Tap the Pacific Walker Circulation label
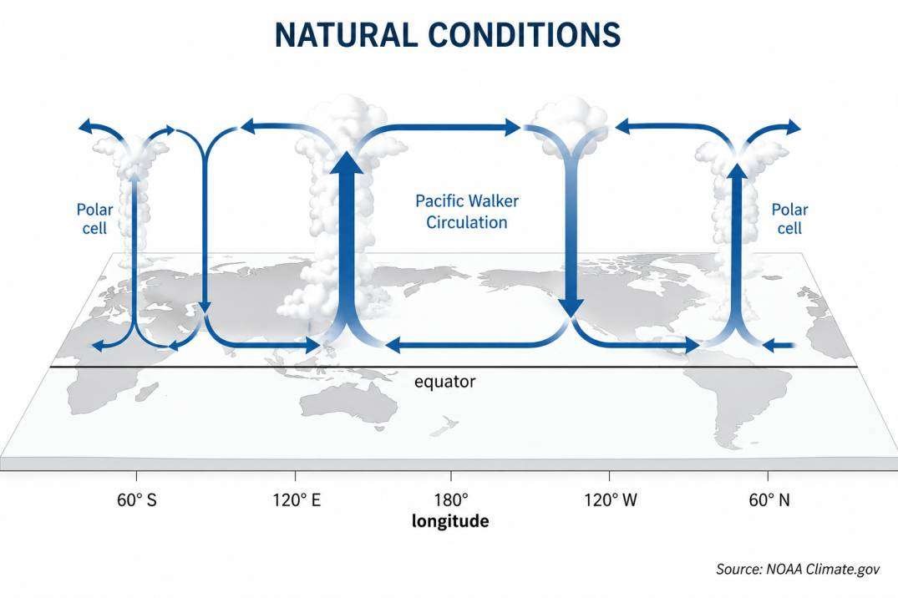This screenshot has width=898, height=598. pos(467,211)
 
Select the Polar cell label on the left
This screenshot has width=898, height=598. pos(94,219)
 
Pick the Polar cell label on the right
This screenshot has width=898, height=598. pos(789,219)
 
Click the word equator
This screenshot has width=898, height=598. pos(444,382)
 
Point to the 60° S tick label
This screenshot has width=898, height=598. pos(136,500)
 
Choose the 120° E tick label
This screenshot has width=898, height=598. pos(297,500)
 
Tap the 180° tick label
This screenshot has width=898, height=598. pos(451,500)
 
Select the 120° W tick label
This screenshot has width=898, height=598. pos(611,500)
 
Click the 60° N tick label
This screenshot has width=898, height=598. pos(769,500)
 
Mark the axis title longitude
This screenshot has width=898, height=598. pos(450,521)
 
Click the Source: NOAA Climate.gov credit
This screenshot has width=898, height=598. pos(798,569)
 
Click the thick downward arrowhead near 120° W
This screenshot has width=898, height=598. pos(571,307)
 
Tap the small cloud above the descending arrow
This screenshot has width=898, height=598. pos(570,127)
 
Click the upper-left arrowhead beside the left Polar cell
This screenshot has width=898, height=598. pos(86,127)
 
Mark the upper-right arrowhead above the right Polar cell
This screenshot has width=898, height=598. pos(794,127)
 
